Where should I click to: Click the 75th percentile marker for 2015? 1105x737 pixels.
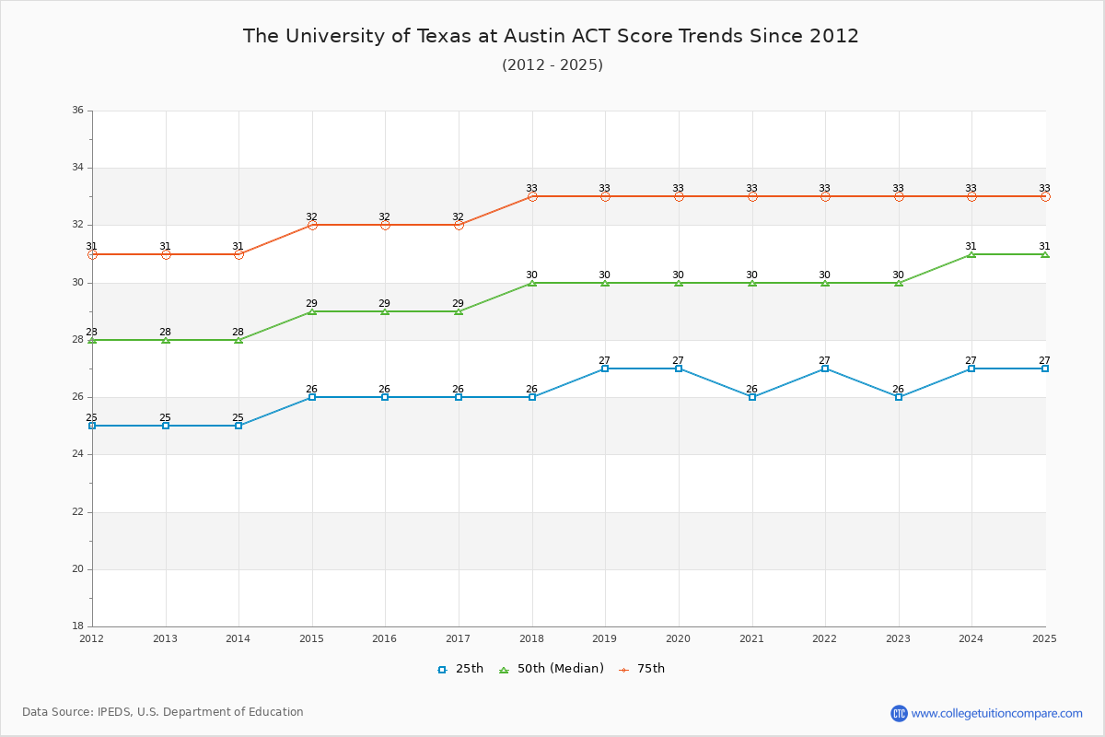312,225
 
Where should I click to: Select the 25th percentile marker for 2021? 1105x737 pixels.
752,397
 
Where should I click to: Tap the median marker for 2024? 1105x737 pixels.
971,254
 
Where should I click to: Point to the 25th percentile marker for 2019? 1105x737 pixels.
605,368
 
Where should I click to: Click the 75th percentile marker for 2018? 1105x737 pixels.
532,196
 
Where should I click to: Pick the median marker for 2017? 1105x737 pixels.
459,311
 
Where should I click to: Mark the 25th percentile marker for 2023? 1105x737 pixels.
899,397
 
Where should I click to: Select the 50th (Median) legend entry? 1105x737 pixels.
551,669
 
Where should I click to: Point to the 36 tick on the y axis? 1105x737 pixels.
77,111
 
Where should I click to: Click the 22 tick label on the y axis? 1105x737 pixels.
77,512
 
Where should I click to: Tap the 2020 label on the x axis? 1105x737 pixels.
678,638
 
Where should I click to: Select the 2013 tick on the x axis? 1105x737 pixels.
165,638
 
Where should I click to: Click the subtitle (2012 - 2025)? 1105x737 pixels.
552,65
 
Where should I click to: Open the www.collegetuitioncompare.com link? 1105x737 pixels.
996,713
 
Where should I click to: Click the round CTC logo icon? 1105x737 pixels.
899,713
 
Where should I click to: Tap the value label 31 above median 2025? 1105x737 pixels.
1044,246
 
